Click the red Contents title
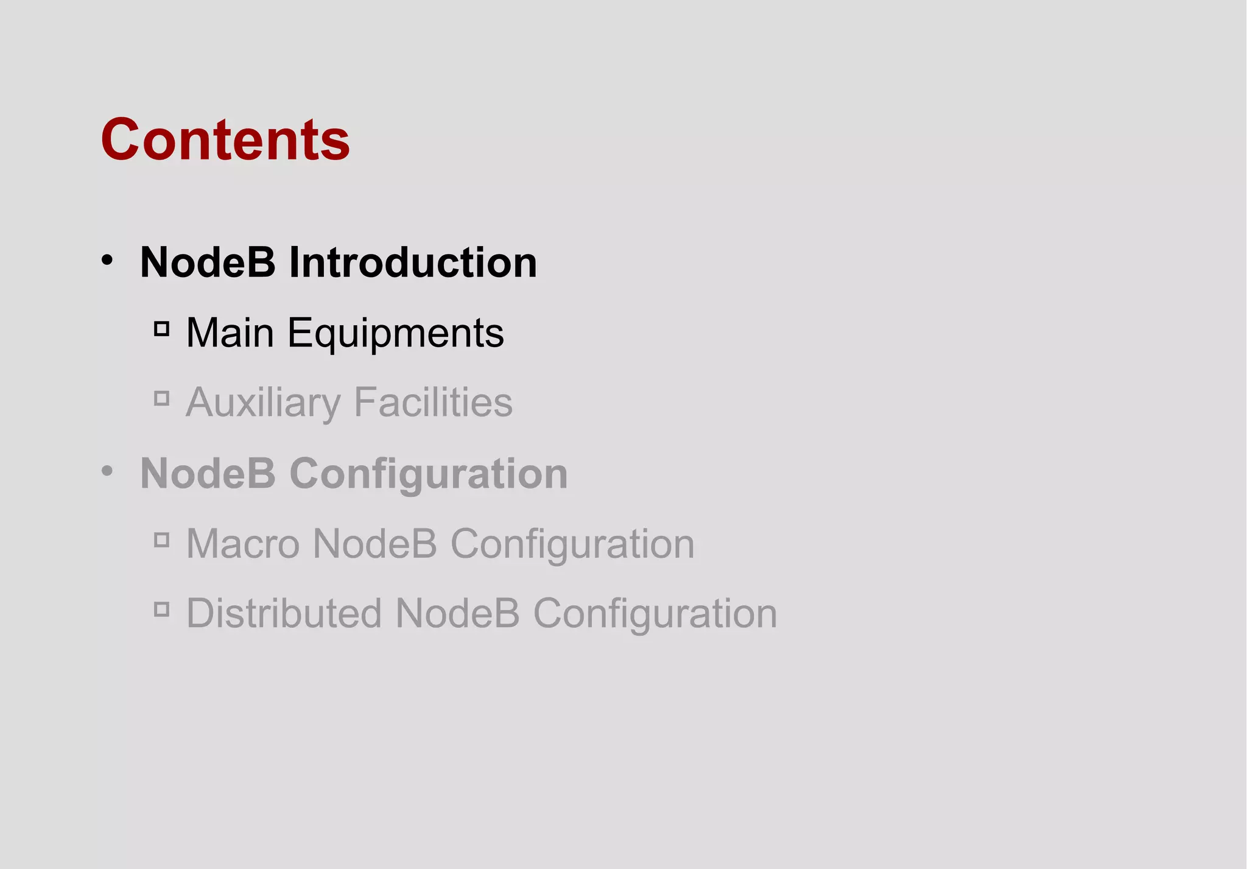click(225, 140)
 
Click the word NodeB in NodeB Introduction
click(208, 262)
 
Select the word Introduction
click(413, 262)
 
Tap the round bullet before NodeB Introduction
click(107, 261)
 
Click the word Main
click(230, 333)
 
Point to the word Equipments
click(396, 334)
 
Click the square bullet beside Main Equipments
click(161, 329)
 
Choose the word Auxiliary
click(263, 403)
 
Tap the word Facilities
click(433, 403)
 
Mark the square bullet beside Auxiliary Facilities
click(161, 399)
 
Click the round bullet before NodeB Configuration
click(107, 471)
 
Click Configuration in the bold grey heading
click(429, 474)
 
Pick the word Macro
click(242, 543)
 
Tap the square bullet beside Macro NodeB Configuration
click(161, 540)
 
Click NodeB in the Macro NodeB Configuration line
click(374, 543)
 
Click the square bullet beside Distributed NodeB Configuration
click(161, 609)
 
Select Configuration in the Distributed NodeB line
click(655, 614)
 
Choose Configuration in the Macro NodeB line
click(572, 544)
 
